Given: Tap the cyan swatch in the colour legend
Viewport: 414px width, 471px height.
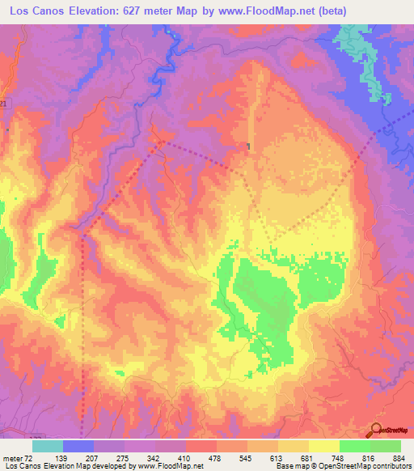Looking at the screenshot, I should coord(47,446).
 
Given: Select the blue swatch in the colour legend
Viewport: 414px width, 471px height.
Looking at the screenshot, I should coord(78,446).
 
